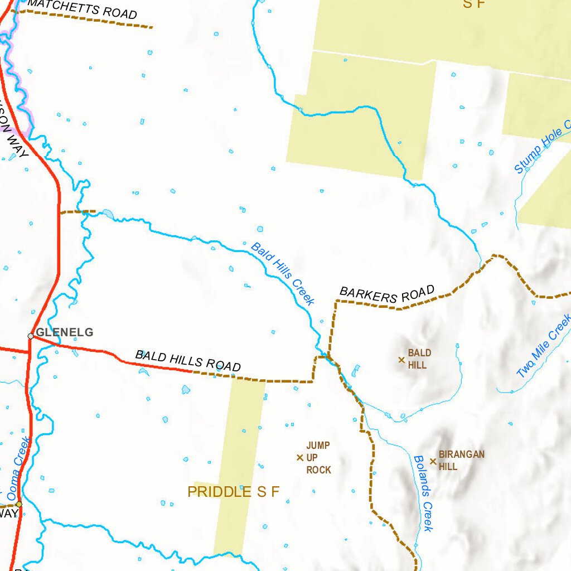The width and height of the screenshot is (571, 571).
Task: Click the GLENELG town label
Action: (64, 333)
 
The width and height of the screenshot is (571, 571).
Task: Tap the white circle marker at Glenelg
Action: (31, 336)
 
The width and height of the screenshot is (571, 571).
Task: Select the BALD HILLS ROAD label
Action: (188, 361)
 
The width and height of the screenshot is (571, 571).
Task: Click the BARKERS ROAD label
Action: (387, 294)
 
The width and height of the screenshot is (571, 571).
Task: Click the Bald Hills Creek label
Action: (283, 273)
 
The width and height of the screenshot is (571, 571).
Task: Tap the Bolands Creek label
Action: (423, 493)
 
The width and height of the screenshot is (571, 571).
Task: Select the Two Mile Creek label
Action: (544, 346)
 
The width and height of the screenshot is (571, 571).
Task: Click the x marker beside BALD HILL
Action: (401, 360)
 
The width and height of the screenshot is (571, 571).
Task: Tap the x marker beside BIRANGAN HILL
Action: (433, 461)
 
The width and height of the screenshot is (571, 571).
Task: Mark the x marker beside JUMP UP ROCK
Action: (299, 458)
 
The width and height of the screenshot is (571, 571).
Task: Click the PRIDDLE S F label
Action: (233, 492)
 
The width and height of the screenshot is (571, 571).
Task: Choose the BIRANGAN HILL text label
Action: (461, 460)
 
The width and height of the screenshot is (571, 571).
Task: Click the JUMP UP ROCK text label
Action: (318, 458)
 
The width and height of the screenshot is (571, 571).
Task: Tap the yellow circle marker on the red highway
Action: (19, 504)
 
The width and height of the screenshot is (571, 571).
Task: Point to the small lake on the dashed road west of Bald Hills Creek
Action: (107, 214)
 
